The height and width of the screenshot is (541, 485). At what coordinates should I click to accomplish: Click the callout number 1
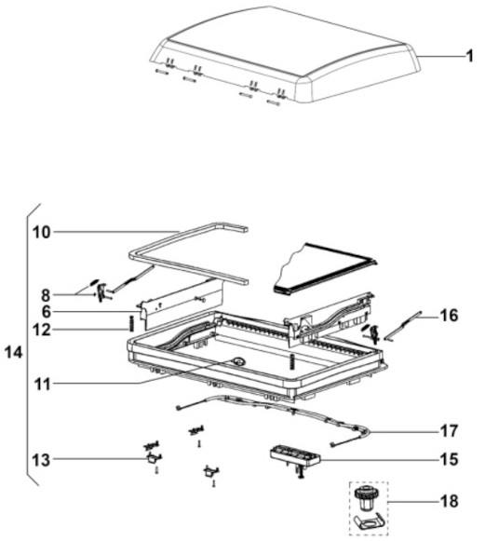point(469,56)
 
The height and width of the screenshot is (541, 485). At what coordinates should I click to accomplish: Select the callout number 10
point(42,232)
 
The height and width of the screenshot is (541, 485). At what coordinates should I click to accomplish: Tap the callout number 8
point(46,296)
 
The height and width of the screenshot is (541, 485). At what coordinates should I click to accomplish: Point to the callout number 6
point(47,312)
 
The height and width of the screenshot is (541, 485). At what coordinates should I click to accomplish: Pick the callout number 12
point(42,330)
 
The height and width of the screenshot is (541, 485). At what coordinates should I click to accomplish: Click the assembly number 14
point(13,353)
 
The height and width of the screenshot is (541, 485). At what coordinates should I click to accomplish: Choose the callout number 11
point(43,384)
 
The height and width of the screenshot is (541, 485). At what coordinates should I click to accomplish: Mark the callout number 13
point(41,460)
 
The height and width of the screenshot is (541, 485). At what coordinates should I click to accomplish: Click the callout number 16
point(449,316)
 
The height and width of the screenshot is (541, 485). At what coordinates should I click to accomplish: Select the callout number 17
point(449,430)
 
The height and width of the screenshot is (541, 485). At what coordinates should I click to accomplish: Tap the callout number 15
point(449,460)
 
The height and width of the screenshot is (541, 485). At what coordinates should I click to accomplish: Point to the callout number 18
point(449,501)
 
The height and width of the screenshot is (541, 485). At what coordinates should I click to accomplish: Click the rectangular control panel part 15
point(295,455)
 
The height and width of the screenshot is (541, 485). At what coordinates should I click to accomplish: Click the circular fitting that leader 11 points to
point(238,362)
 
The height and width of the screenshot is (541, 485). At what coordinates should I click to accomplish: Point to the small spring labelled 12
point(131,324)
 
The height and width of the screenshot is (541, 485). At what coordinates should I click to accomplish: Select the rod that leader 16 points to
point(402,326)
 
